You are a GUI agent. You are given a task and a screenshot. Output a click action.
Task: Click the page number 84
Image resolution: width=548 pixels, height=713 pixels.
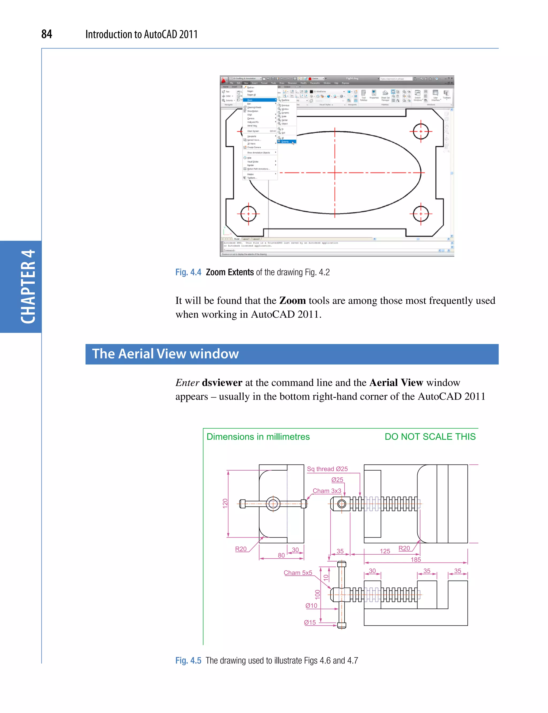pos(47,34)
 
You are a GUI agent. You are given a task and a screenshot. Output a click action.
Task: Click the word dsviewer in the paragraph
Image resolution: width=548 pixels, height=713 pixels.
pos(222,382)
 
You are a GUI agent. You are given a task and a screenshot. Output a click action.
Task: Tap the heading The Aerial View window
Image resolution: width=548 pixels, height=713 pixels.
pos(165,354)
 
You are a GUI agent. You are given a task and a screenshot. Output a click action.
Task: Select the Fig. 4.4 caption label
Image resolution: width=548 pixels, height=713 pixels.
pos(188,272)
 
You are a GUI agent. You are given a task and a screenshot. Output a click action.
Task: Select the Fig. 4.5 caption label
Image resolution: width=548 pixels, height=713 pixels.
pos(188,661)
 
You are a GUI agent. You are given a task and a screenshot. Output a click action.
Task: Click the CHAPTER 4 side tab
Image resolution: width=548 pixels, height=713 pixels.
pos(28,286)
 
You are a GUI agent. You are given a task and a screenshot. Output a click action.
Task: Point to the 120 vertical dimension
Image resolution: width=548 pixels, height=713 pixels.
pos(225,503)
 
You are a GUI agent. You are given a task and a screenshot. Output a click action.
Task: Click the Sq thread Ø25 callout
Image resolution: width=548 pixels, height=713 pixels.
pos(327,469)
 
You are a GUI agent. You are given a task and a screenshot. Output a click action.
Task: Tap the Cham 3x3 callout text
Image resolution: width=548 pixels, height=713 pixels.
pos(327,491)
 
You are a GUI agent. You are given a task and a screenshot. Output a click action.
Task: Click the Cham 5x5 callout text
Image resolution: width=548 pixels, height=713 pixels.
pos(298,573)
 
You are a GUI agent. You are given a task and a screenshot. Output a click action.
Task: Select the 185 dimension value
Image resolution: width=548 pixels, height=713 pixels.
pos(416,560)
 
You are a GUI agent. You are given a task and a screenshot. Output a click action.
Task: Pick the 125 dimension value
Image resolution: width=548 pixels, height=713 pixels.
pos(385,551)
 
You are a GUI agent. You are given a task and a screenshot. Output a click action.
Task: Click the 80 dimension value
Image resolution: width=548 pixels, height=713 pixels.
pos(281,555)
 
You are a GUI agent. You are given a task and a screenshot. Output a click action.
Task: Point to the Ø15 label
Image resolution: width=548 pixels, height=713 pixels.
pos(310,622)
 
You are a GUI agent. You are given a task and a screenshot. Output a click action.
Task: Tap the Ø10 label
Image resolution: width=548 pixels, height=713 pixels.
pos(311,606)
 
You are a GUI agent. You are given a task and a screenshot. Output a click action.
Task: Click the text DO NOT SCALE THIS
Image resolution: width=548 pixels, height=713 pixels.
pos(430,437)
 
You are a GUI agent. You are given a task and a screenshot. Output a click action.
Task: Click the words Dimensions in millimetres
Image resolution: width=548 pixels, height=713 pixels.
pos(258,437)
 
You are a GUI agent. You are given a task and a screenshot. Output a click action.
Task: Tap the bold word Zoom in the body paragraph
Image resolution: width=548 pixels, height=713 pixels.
pos(292,300)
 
